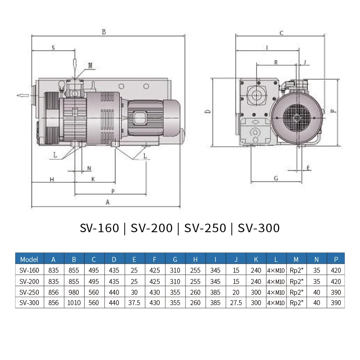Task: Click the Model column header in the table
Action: [29, 259]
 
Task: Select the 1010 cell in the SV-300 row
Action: [74, 303]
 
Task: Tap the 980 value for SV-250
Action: [74, 292]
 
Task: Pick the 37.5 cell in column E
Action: [135, 303]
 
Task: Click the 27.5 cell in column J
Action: [236, 303]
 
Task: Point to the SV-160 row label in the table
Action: [29, 270]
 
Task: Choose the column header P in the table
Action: [336, 259]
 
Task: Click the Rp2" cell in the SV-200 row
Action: [296, 281]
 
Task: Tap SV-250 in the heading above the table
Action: [205, 228]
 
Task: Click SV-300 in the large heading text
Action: [259, 228]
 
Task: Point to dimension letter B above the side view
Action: [104, 32]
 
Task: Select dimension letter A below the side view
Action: [107, 202]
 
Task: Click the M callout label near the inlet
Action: [90, 66]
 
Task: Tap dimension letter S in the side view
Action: [53, 47]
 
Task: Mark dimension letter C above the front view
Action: [281, 33]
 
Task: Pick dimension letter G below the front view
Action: [276, 178]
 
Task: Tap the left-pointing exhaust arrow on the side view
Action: [22, 95]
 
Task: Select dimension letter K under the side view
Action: [93, 179]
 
